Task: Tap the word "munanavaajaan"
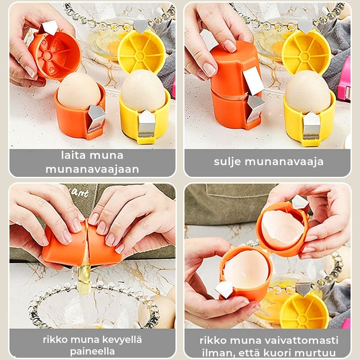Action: pyautogui.click(x=92, y=170)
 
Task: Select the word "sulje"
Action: pyautogui.click(x=227, y=162)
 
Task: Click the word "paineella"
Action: pyautogui.click(x=92, y=351)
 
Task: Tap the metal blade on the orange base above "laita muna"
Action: pyautogui.click(x=96, y=118)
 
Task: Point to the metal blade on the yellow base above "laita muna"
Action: pyautogui.click(x=147, y=123)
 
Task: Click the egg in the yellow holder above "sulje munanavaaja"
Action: pyautogui.click(x=308, y=92)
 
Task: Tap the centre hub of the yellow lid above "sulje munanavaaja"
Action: pyautogui.click(x=304, y=56)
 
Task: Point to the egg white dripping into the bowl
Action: pyautogui.click(x=84, y=279)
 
